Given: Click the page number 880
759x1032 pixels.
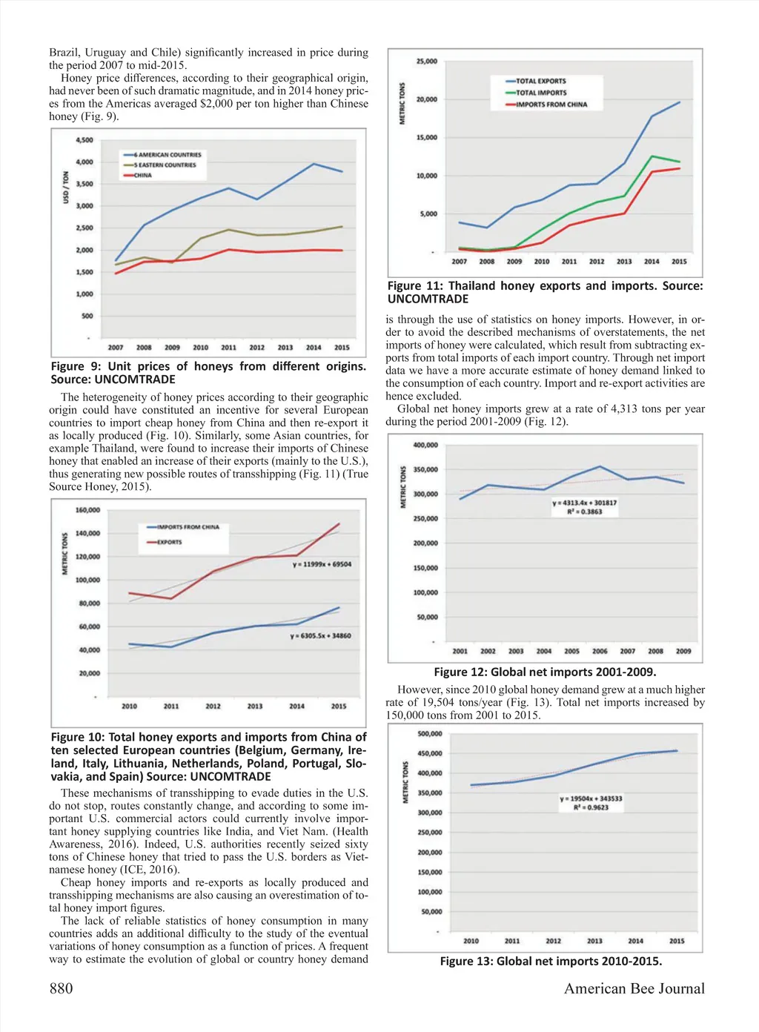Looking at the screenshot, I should click(61, 988).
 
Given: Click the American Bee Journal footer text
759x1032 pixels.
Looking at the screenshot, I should click(634, 988).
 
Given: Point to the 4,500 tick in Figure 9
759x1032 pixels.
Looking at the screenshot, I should click(84, 140).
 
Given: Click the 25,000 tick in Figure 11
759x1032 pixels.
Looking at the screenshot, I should click(427, 62).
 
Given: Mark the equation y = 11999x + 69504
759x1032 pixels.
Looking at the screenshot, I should click(322, 564).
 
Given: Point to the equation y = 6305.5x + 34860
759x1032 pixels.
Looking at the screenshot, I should click(320, 635).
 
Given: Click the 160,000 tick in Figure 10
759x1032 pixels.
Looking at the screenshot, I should click(87, 510).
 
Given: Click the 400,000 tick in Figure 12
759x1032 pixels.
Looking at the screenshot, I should click(425, 445).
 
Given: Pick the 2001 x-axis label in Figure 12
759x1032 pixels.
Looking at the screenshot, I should click(460, 651).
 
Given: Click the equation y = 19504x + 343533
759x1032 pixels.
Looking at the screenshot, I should click(591, 798).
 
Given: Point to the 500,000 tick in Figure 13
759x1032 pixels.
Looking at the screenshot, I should click(430, 734).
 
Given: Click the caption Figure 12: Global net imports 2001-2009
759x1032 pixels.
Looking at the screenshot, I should click(545, 672).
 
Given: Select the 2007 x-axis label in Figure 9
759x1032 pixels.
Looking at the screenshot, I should click(116, 347).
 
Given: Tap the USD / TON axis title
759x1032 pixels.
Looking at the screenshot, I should click(66, 187).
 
